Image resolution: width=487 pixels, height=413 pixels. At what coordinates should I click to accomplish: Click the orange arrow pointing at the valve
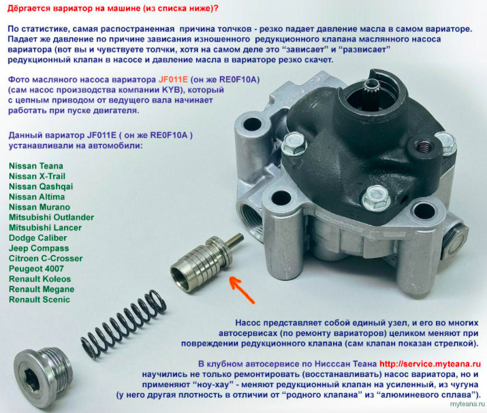click(x=242, y=290)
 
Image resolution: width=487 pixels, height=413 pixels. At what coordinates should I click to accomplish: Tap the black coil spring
click(x=123, y=325)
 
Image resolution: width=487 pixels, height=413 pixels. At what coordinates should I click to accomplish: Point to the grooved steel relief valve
click(x=206, y=259)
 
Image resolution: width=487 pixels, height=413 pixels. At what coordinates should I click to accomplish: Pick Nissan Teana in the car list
click(x=36, y=166)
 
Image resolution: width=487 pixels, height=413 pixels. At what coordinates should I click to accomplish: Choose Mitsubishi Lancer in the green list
click(x=46, y=228)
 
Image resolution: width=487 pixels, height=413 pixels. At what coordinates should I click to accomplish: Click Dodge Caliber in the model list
click(x=38, y=238)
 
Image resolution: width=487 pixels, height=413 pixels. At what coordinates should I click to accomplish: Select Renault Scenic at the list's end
click(x=40, y=300)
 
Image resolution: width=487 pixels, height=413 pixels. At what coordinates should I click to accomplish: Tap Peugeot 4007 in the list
click(x=36, y=269)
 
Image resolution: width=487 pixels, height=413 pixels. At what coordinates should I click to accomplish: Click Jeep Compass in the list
click(x=39, y=248)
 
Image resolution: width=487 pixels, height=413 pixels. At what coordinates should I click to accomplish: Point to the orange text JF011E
click(x=173, y=80)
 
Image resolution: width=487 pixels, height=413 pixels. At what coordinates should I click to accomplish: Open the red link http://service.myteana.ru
click(x=430, y=364)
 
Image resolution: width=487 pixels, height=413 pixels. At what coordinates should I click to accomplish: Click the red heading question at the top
click(x=113, y=8)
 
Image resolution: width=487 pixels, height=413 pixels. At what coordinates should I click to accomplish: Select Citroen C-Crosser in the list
click(x=46, y=259)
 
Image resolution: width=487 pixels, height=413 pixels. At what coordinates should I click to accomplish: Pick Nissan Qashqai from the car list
click(x=41, y=187)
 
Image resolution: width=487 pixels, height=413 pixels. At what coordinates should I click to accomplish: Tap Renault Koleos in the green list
click(x=40, y=279)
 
